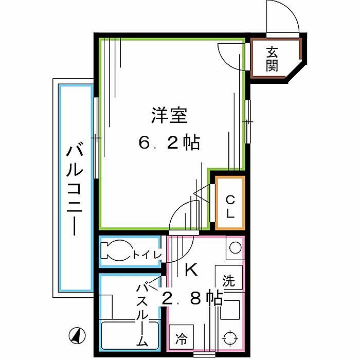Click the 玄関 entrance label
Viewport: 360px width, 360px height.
click(x=273, y=58)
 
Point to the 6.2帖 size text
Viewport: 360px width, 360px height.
click(x=169, y=142)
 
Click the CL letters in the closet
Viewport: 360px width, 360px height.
click(x=230, y=205)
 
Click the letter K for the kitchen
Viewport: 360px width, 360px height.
click(x=190, y=268)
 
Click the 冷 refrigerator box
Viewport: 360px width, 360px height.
click(x=182, y=339)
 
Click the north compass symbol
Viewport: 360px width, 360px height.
click(x=76, y=335)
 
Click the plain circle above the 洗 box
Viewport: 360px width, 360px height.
click(x=235, y=247)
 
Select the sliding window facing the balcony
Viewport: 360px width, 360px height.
click(x=96, y=137)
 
